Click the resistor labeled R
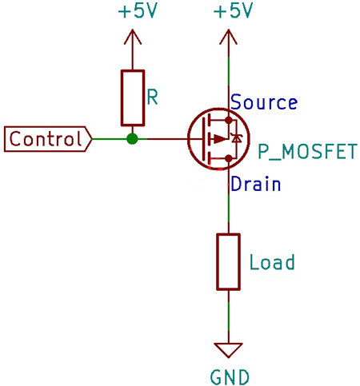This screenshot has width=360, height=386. [x=132, y=97]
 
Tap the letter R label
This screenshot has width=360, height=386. [x=153, y=97]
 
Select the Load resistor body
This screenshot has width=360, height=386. [x=229, y=262]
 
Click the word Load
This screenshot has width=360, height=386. [x=272, y=262]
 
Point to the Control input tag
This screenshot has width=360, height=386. [x=46, y=139]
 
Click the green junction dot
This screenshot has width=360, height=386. [x=132, y=139]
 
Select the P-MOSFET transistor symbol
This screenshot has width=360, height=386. [x=214, y=139]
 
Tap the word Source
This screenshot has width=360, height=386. [x=264, y=103]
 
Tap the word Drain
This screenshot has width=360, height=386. [x=255, y=185]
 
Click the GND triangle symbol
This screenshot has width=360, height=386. [x=229, y=349]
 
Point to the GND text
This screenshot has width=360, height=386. [x=229, y=376]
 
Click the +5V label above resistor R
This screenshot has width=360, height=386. [x=132, y=12]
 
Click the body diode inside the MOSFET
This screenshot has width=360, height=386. [x=235, y=139]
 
